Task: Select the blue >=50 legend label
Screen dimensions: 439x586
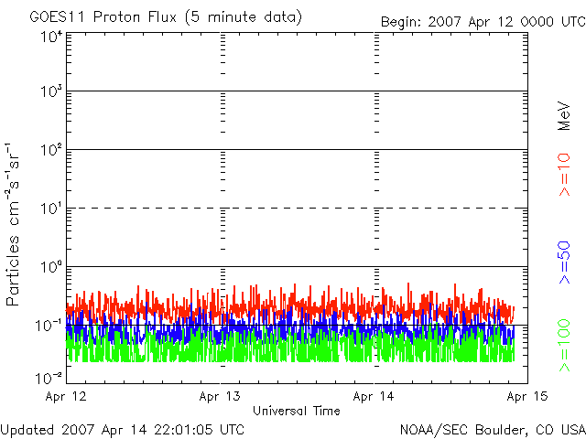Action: (x=565, y=261)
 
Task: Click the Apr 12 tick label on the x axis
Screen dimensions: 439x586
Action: (x=66, y=396)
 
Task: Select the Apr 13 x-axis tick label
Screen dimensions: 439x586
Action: (x=221, y=396)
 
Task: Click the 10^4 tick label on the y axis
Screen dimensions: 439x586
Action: (x=50, y=37)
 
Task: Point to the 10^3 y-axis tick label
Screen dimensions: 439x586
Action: (x=50, y=91)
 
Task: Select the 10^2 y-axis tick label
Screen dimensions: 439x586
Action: (x=50, y=150)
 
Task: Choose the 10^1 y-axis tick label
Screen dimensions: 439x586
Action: (x=50, y=209)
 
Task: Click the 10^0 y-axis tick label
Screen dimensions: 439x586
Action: (x=50, y=267)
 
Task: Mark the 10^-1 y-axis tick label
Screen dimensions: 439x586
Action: (x=49, y=325)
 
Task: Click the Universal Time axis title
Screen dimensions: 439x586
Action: (x=297, y=411)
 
